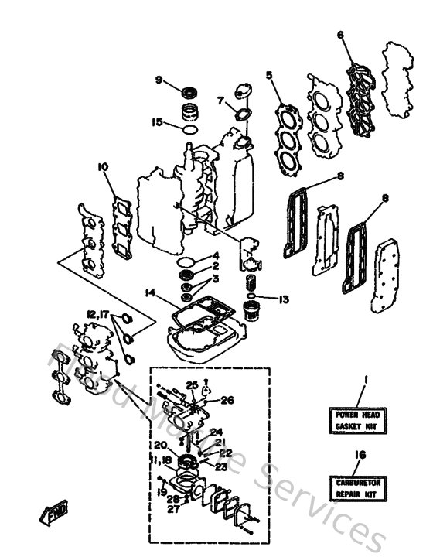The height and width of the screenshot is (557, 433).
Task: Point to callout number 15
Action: (157, 122)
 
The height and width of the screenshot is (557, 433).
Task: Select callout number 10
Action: (101, 166)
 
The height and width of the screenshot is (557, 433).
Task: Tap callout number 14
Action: (150, 292)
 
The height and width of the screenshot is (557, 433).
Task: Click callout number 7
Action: (220, 101)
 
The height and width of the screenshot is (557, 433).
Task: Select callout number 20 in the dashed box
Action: (159, 445)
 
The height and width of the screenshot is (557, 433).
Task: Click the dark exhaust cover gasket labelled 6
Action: (359, 89)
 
